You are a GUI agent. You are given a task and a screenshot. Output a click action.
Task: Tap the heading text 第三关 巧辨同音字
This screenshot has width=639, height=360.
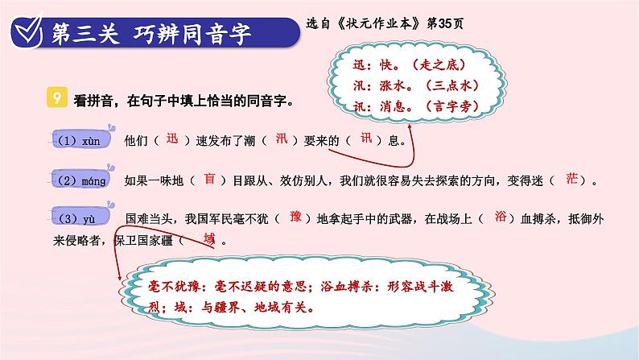click(150, 34)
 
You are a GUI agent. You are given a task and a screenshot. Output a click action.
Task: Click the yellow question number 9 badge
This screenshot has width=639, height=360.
click(57, 97)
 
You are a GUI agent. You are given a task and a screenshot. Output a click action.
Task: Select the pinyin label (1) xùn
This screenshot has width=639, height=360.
click(79, 141)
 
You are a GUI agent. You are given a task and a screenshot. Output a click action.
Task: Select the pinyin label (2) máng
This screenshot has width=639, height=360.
click(81, 180)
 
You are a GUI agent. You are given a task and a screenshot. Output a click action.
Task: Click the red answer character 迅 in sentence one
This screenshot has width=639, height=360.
click(172, 139)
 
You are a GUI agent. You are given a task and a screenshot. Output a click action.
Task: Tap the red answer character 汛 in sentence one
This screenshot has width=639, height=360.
click(282, 139)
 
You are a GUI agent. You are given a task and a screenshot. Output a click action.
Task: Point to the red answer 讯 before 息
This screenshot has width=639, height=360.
click(366, 139)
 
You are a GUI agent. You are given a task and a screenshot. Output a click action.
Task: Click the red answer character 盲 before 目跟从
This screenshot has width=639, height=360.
click(209, 178)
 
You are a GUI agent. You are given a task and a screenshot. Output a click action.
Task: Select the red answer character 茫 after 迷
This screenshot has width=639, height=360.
click(571, 178)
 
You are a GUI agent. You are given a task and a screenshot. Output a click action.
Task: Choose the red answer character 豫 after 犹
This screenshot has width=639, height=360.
click(295, 216)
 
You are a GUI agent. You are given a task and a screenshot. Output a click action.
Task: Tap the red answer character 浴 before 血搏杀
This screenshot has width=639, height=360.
click(501, 216)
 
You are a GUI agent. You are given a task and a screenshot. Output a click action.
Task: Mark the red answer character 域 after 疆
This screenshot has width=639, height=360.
click(209, 238)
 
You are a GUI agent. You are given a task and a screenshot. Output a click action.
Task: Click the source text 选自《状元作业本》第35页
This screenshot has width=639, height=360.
click(385, 23)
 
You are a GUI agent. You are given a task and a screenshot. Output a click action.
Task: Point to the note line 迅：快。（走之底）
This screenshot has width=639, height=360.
click(409, 64)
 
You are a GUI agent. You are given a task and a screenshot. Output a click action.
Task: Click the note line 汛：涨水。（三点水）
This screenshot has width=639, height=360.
click(416, 85)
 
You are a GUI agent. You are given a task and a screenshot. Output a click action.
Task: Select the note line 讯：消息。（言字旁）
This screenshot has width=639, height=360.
click(416, 106)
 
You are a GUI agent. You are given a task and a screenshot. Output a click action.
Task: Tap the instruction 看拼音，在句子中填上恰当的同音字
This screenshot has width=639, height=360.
click(183, 101)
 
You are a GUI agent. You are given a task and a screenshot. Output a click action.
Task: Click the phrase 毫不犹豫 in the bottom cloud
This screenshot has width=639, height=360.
click(174, 287)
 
